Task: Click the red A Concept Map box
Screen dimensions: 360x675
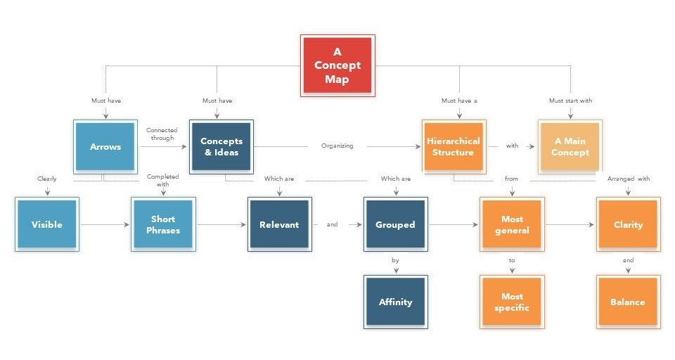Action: (337, 65)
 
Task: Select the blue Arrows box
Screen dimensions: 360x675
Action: (105, 147)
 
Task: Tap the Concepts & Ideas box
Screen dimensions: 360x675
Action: (221, 147)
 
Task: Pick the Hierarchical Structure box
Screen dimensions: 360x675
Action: (454, 147)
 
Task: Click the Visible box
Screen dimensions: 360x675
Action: (47, 224)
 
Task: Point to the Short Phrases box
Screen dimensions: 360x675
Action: (163, 224)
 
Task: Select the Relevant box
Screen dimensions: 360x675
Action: (279, 224)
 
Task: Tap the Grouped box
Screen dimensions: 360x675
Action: (395, 224)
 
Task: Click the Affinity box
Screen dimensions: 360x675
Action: (395, 302)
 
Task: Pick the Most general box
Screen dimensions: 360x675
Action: (511, 224)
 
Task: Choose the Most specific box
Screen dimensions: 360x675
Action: (511, 302)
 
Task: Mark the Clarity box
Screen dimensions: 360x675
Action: (628, 224)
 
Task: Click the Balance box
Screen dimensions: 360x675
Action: (628, 302)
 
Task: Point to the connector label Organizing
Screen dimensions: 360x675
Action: (337, 146)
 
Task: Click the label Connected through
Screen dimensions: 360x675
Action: (162, 134)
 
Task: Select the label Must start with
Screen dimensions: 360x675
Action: (570, 101)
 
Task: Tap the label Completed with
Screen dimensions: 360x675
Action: (162, 180)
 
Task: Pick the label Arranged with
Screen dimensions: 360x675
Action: (628, 179)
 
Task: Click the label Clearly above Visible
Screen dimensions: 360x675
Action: (47, 179)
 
